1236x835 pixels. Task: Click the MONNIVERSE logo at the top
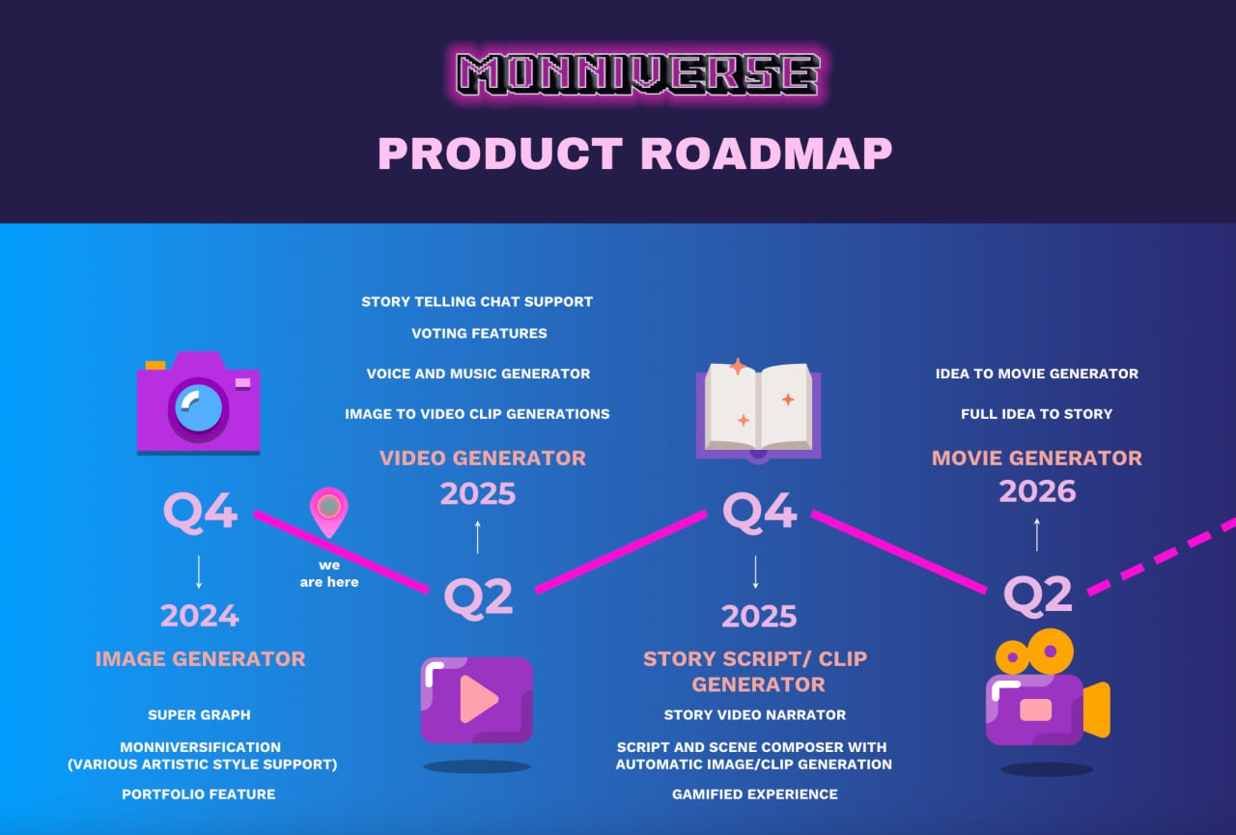637,73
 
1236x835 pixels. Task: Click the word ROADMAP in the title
766,153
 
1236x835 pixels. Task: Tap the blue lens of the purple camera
198,408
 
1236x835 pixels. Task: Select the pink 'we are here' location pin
329,512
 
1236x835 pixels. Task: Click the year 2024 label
200,616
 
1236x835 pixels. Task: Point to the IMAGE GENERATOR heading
200,658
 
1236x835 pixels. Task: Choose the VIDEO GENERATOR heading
483,458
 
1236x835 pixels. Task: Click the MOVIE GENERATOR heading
1037,458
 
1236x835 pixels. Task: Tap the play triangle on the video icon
479,699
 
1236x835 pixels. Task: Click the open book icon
759,411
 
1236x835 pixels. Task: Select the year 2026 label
1037,490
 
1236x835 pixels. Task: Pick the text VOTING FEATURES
480,333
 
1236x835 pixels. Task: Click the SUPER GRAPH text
199,714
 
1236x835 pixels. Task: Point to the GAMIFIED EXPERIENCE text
755,794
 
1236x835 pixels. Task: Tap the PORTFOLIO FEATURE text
199,794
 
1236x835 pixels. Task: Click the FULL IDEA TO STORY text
1037,414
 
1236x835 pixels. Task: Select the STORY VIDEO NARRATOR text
755,714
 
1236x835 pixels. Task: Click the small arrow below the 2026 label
1037,535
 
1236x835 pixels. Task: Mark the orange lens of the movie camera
1096,710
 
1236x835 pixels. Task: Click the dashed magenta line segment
1162,556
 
